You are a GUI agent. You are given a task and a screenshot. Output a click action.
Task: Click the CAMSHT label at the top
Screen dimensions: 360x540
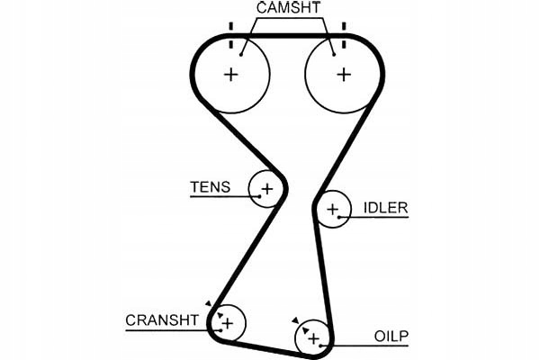pos(287,9)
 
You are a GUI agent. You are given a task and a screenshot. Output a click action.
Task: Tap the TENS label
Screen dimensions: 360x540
pos(210,188)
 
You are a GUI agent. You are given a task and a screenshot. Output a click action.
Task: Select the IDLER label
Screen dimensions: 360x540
pos(385,208)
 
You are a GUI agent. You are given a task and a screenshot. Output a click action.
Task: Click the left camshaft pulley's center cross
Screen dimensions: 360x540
pos(231,74)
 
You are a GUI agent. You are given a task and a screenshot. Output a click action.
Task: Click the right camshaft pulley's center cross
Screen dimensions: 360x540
pos(343,74)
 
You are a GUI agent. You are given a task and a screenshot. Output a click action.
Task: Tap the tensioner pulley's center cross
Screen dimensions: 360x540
pos(266,189)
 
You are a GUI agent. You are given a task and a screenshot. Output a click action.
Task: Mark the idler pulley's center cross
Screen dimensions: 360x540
pos(334,211)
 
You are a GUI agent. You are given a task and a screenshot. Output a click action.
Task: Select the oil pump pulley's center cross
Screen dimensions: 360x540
pos(313,337)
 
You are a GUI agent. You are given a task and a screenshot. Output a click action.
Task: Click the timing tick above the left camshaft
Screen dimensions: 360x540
pos(231,27)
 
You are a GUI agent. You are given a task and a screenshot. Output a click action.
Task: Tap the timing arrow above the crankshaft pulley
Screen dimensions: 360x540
pos(208,304)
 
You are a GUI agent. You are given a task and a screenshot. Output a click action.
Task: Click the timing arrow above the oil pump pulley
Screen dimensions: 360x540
pos(294,320)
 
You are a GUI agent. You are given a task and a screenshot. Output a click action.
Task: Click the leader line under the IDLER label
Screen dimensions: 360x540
pos(378,218)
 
